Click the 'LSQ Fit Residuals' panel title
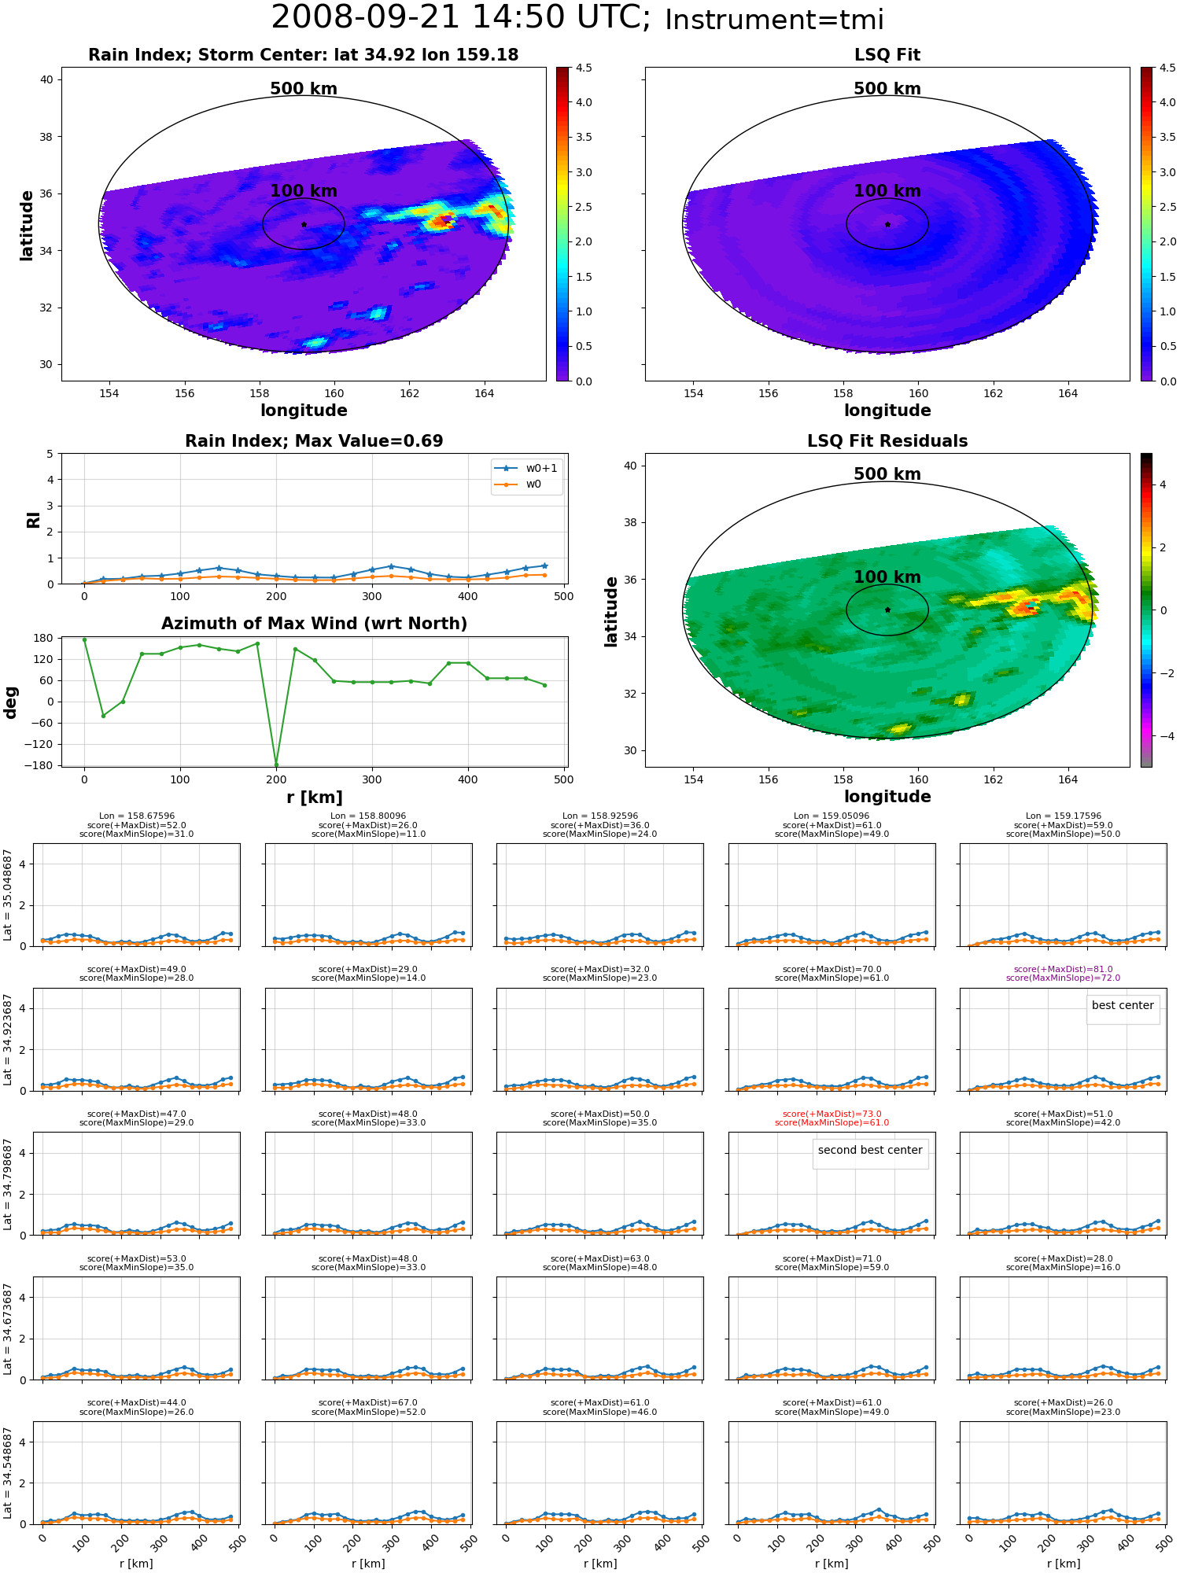point(887,441)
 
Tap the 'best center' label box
point(1123,1006)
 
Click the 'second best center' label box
point(870,1151)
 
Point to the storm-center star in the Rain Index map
point(304,224)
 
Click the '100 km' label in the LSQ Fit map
point(887,191)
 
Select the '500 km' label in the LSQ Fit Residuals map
point(887,474)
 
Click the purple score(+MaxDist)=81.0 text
point(1063,970)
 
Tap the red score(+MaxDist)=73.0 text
point(832,1114)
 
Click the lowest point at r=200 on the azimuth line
point(276,764)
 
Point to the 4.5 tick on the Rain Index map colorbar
point(584,68)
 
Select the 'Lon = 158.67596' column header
point(137,816)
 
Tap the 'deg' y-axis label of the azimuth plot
point(11,702)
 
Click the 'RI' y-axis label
point(34,520)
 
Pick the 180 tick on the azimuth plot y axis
point(43,638)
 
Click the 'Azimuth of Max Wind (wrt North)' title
point(314,624)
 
